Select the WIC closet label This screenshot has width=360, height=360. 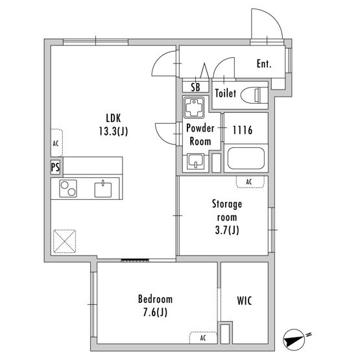click(x=245, y=301)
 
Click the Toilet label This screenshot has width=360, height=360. click(x=226, y=93)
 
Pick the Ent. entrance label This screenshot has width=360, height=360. click(x=264, y=64)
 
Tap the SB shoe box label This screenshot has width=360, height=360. click(x=195, y=88)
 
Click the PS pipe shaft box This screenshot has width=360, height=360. click(x=55, y=167)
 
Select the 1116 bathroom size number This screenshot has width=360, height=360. click(x=243, y=130)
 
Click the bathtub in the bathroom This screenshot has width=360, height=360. click(x=246, y=158)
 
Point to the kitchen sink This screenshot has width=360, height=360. click(x=103, y=189)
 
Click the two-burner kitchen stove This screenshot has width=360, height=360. click(x=68, y=189)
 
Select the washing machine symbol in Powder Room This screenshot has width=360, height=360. click(x=194, y=108)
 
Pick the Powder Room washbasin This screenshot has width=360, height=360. click(x=195, y=162)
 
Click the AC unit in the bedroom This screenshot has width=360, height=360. click(x=203, y=338)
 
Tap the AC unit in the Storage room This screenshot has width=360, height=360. click(x=250, y=182)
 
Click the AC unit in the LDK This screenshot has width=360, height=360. click(x=56, y=143)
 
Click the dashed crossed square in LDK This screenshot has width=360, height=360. click(x=64, y=241)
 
